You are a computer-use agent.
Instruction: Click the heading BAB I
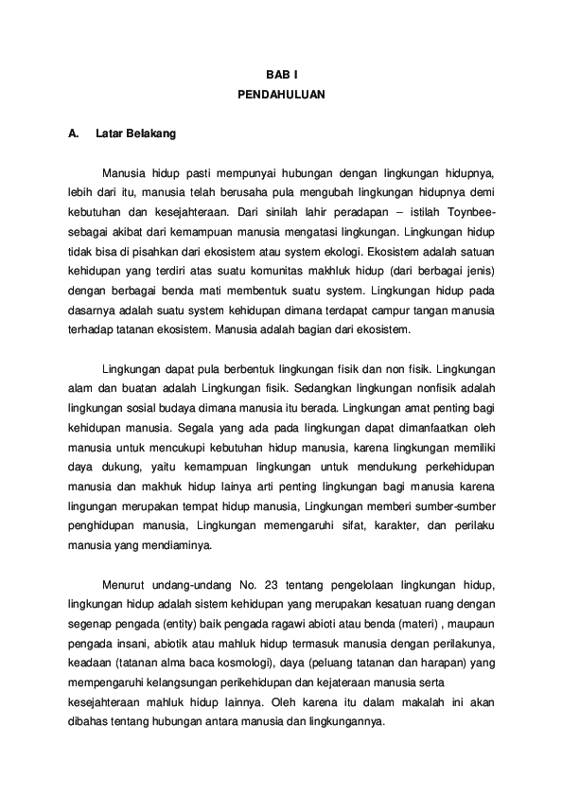coord(281,74)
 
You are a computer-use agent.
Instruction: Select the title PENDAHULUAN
coord(281,95)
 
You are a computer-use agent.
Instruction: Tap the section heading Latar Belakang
coord(136,134)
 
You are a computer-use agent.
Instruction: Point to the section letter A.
coord(72,134)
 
